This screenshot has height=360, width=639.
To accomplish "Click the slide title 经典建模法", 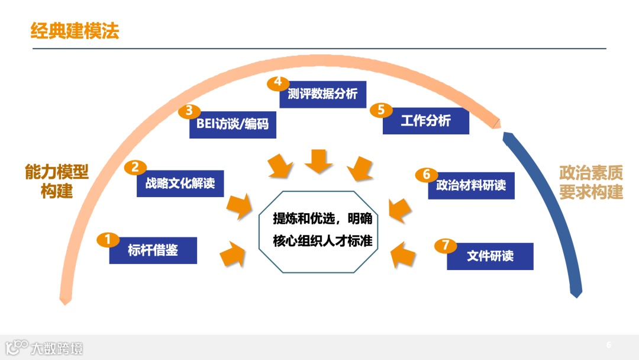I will click(75, 31).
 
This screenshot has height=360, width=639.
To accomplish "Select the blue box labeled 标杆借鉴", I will click(153, 250).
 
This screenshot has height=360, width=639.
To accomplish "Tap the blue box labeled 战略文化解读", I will click(180, 184).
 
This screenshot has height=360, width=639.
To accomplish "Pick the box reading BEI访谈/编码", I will click(233, 125).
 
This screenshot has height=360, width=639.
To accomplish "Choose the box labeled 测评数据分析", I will click(322, 94).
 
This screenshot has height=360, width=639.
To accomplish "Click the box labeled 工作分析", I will click(426, 121).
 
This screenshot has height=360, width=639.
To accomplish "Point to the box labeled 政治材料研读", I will click(471, 185).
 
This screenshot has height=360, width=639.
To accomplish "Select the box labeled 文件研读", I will click(490, 256).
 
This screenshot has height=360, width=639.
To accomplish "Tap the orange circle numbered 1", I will click(108, 239).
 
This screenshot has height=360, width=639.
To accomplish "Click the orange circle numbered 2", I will click(135, 167).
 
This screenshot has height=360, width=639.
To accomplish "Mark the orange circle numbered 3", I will click(189, 111).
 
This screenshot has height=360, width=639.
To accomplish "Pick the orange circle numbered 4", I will click(277, 82).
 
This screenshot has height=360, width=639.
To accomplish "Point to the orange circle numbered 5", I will click(381, 110).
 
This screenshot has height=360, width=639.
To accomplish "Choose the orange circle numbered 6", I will click(426, 174).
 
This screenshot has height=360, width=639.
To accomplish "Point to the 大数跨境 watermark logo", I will click(45, 347).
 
